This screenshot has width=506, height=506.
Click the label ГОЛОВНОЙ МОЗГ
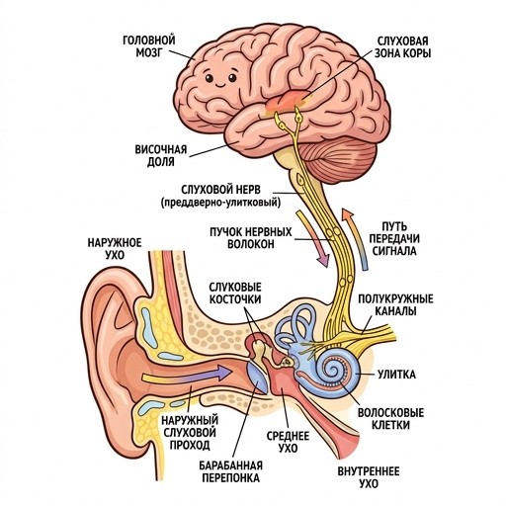[x=149, y=46]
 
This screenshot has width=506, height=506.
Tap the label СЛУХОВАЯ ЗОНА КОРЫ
[x=403, y=47]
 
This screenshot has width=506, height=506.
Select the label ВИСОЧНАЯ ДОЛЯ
[x=161, y=155]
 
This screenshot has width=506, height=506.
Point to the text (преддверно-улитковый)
[x=221, y=203]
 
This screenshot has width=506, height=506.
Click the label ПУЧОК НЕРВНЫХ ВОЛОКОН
[x=251, y=237]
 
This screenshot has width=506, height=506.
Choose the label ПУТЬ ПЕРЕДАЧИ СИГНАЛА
[x=395, y=239]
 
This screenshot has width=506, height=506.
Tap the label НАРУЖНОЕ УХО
[x=115, y=249]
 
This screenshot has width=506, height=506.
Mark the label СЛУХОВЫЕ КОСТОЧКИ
[x=235, y=294]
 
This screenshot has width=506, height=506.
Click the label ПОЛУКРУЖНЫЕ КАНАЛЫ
[x=395, y=304]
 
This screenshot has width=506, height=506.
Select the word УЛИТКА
[x=396, y=375]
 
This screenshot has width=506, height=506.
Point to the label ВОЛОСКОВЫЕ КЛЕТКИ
[x=391, y=419]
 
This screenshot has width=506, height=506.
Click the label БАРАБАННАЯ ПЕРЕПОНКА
[x=230, y=471]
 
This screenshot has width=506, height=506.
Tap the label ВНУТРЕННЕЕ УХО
[x=369, y=477]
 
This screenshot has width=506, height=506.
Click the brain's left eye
[x=209, y=78]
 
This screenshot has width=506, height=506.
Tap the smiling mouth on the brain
[x=220, y=85]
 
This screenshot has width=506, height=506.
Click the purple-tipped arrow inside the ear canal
[x=187, y=376]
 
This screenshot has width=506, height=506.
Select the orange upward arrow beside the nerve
[x=356, y=239]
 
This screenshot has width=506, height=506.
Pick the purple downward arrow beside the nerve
[x=313, y=238]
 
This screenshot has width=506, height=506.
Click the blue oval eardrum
[x=258, y=378]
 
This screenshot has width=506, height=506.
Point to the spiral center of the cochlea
[x=333, y=369]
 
